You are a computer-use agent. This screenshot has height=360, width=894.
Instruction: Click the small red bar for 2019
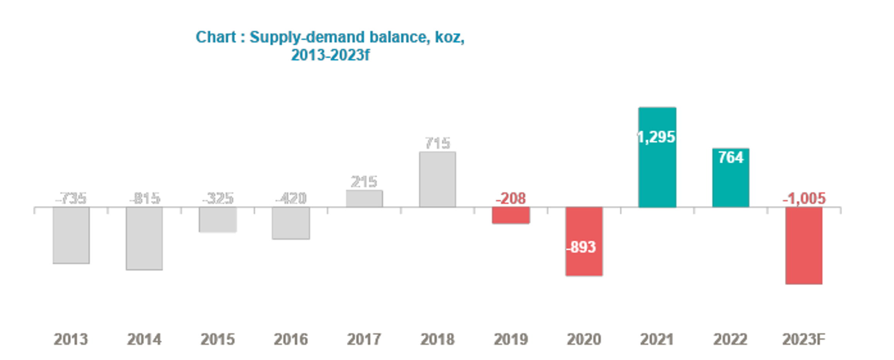click(511, 215)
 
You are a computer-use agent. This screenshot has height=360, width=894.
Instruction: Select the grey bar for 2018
click(437, 180)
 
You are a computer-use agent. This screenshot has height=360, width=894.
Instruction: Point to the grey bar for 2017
click(364, 199)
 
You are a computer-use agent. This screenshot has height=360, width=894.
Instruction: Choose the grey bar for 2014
click(144, 238)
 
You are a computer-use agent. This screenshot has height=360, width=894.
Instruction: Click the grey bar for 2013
click(71, 235)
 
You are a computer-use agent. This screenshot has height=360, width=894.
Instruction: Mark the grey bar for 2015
click(218, 219)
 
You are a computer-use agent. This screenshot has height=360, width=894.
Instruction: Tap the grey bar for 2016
click(291, 223)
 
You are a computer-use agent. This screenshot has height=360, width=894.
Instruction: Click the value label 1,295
click(656, 137)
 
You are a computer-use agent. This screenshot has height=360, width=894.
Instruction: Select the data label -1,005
click(804, 199)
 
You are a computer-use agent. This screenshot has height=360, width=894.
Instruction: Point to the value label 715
click(437, 143)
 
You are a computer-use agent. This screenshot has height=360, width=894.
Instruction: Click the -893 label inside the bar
click(581, 247)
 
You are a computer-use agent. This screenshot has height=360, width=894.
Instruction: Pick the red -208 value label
click(511, 199)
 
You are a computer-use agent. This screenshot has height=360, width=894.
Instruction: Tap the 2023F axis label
click(804, 339)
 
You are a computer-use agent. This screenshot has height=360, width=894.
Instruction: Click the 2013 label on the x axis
click(71, 339)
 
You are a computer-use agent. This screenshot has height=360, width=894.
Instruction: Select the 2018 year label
click(437, 339)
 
